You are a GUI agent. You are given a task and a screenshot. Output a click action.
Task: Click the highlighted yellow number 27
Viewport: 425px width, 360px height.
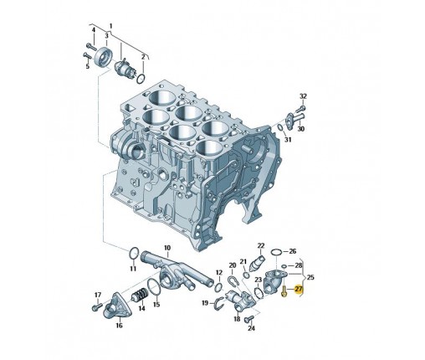coord(299,289)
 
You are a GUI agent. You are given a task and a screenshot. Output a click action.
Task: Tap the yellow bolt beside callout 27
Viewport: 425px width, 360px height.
coord(284,291)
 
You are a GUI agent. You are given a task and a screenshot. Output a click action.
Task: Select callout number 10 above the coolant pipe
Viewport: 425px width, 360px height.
coord(167,248)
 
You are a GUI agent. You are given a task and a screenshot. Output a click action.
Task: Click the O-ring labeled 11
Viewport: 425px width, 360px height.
coord(134,254)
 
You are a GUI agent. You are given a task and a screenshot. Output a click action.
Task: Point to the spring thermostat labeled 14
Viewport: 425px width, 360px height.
coord(140,296)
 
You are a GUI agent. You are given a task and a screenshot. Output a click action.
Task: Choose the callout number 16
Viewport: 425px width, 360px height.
coord(119,326)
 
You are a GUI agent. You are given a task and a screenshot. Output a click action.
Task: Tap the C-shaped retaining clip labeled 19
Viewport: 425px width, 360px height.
coord(220,304)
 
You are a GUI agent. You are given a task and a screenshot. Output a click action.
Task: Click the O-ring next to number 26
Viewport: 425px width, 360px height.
coord(276,252)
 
